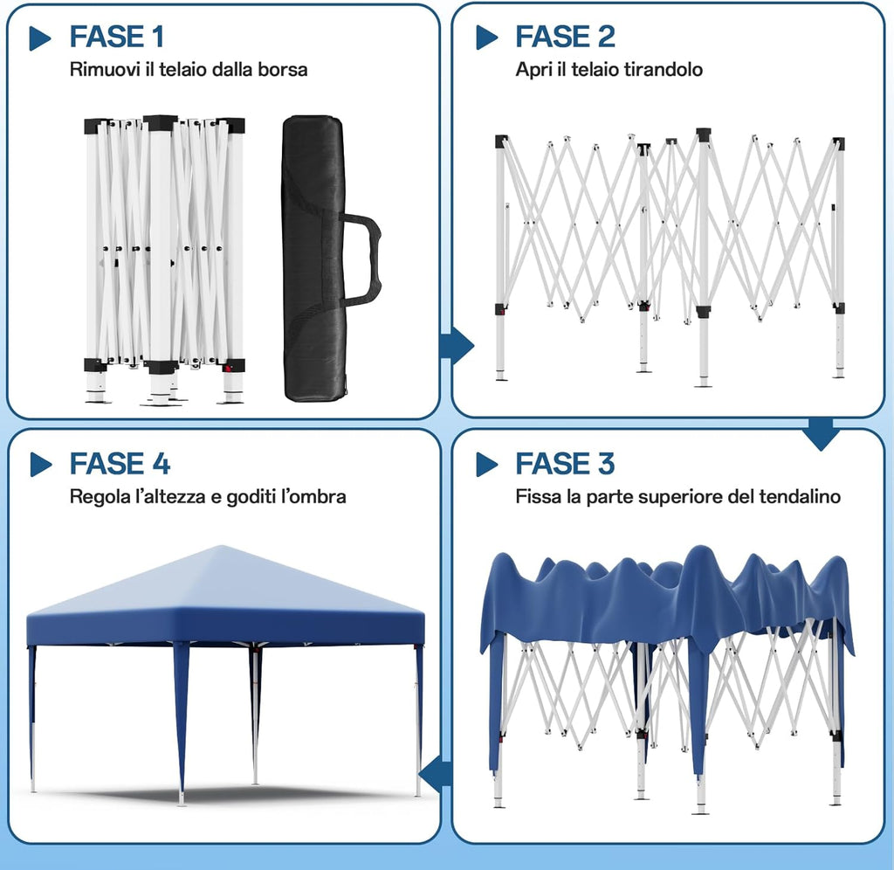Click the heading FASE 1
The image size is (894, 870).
[117, 37]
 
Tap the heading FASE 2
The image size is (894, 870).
[565, 37]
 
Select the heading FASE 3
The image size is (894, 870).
[565, 464]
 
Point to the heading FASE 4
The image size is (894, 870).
[120, 464]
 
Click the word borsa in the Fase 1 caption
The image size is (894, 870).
[283, 70]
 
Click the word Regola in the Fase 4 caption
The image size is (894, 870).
[98, 497]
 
